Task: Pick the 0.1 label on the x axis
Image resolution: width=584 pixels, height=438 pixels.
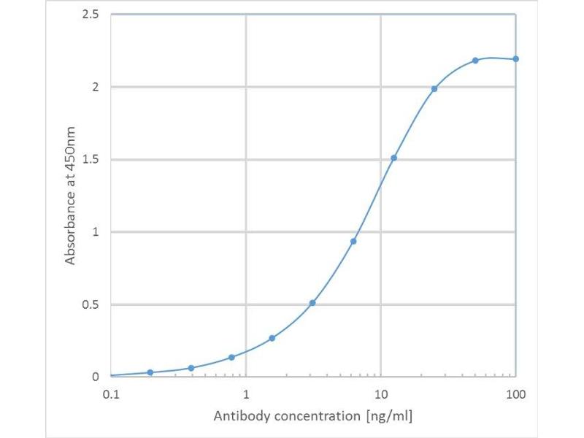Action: [x=111, y=394]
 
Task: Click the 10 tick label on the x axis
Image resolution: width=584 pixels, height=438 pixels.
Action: [x=381, y=394]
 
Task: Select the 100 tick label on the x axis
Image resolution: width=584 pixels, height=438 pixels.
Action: [x=515, y=394]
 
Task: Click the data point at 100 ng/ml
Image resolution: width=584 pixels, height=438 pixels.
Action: [x=515, y=59]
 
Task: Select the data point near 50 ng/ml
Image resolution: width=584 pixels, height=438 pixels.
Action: [x=475, y=61]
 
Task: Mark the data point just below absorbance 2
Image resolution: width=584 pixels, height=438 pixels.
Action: [x=434, y=89]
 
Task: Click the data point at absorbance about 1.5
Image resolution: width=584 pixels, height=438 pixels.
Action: [x=394, y=158]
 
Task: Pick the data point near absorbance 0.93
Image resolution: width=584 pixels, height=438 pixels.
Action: [x=353, y=241]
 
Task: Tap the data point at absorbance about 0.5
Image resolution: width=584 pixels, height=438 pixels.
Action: [x=312, y=303]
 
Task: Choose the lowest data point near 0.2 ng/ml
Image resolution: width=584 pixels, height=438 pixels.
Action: [x=150, y=372]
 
